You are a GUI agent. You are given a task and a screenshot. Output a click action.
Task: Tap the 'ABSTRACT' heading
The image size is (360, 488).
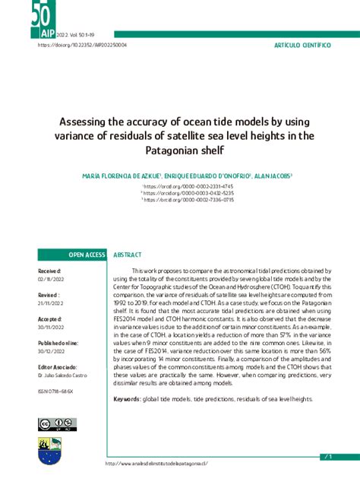click(128, 255)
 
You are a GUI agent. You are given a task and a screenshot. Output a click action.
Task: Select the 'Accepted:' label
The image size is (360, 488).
click(51, 319)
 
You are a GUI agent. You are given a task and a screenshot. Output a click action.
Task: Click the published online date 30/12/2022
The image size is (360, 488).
click(52, 351)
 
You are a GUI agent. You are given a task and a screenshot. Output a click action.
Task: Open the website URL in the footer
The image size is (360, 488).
click(156, 464)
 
